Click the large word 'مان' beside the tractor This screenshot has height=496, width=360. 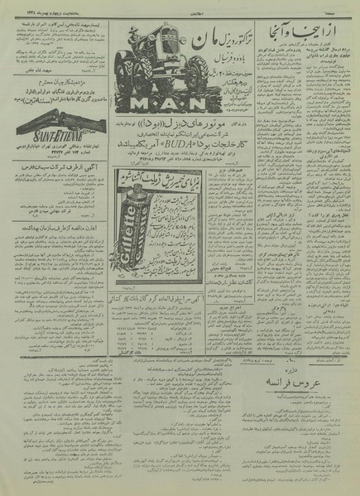coord(215,39)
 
